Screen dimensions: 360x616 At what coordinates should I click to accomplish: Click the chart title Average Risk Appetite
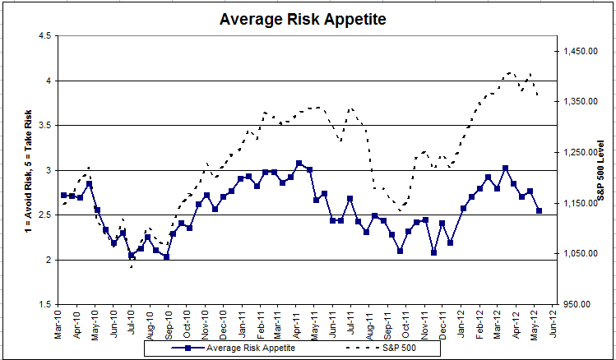308,17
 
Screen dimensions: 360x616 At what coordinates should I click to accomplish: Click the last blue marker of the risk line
540,211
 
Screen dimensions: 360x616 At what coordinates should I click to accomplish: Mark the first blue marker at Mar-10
64,195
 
